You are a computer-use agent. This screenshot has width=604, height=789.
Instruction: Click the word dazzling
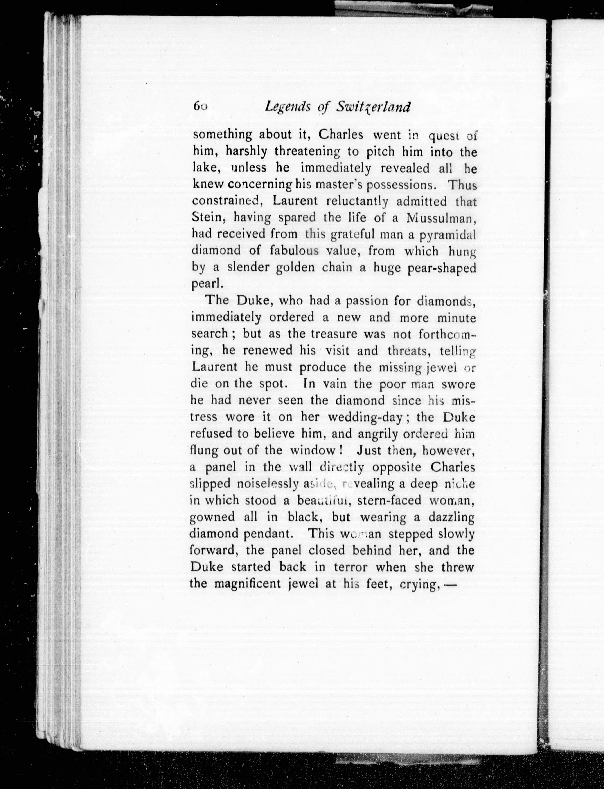(451, 517)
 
